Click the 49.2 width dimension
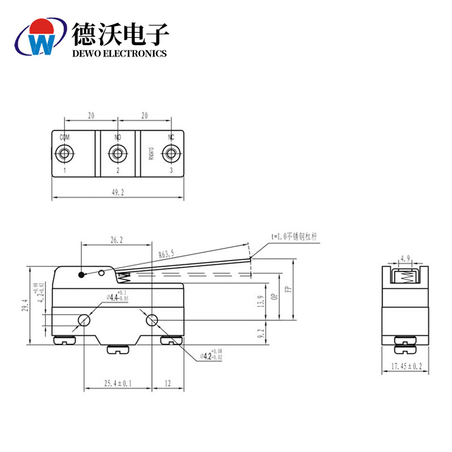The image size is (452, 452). click(x=118, y=193)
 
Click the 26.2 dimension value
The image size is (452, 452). click(x=116, y=240)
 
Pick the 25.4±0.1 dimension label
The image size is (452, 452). click(x=118, y=384)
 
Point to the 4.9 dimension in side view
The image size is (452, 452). click(x=405, y=259)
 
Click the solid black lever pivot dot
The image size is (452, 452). click(x=82, y=275)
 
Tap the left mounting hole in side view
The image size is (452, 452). click(x=84, y=321)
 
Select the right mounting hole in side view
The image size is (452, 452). click(x=151, y=321)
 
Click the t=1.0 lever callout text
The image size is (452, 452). click(x=294, y=237)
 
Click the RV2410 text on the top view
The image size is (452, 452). click(x=151, y=154)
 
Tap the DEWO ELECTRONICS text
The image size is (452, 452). click(x=120, y=53)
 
